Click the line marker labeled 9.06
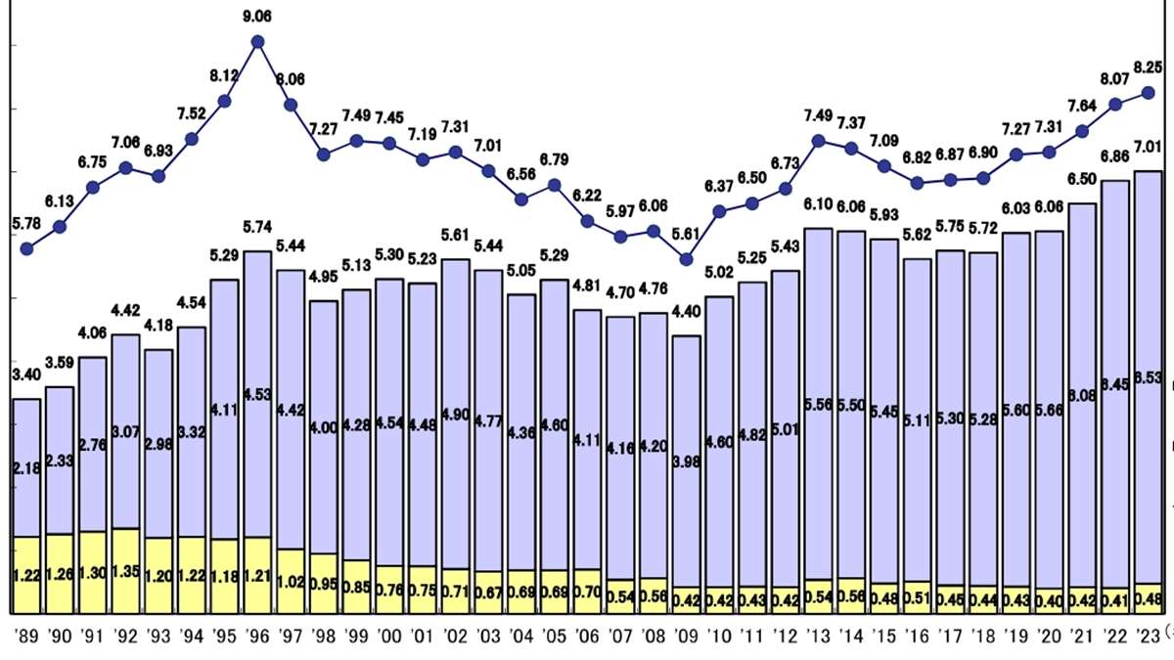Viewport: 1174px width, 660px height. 258,41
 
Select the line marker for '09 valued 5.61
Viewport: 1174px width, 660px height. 687,259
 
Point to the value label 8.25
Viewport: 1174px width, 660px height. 1148,67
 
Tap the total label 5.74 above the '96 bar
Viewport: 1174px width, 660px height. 258,227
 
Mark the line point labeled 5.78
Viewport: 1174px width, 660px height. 27,248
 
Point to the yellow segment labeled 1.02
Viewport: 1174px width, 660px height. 291,580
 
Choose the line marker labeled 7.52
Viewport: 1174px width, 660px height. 193,138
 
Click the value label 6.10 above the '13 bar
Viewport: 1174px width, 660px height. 819,204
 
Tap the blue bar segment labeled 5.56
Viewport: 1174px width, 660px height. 819,403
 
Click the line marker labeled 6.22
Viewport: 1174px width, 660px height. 588,221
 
